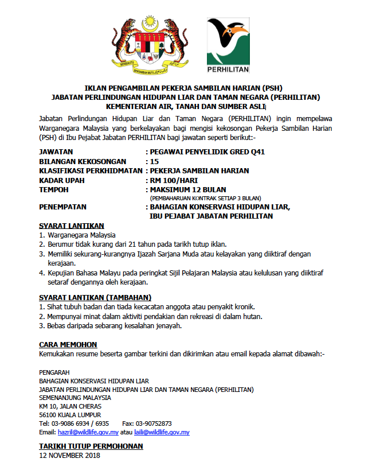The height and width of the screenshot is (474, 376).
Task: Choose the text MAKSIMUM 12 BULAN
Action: [187, 189]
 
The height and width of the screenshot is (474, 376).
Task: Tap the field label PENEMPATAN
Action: [62, 207]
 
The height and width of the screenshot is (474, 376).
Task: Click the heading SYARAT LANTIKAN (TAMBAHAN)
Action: [95, 297]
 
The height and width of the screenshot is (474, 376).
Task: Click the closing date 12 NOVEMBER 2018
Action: [69, 456]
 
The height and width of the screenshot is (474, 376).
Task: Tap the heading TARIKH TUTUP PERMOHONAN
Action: [91, 446]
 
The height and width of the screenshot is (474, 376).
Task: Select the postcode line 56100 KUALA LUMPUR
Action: [70, 414]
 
